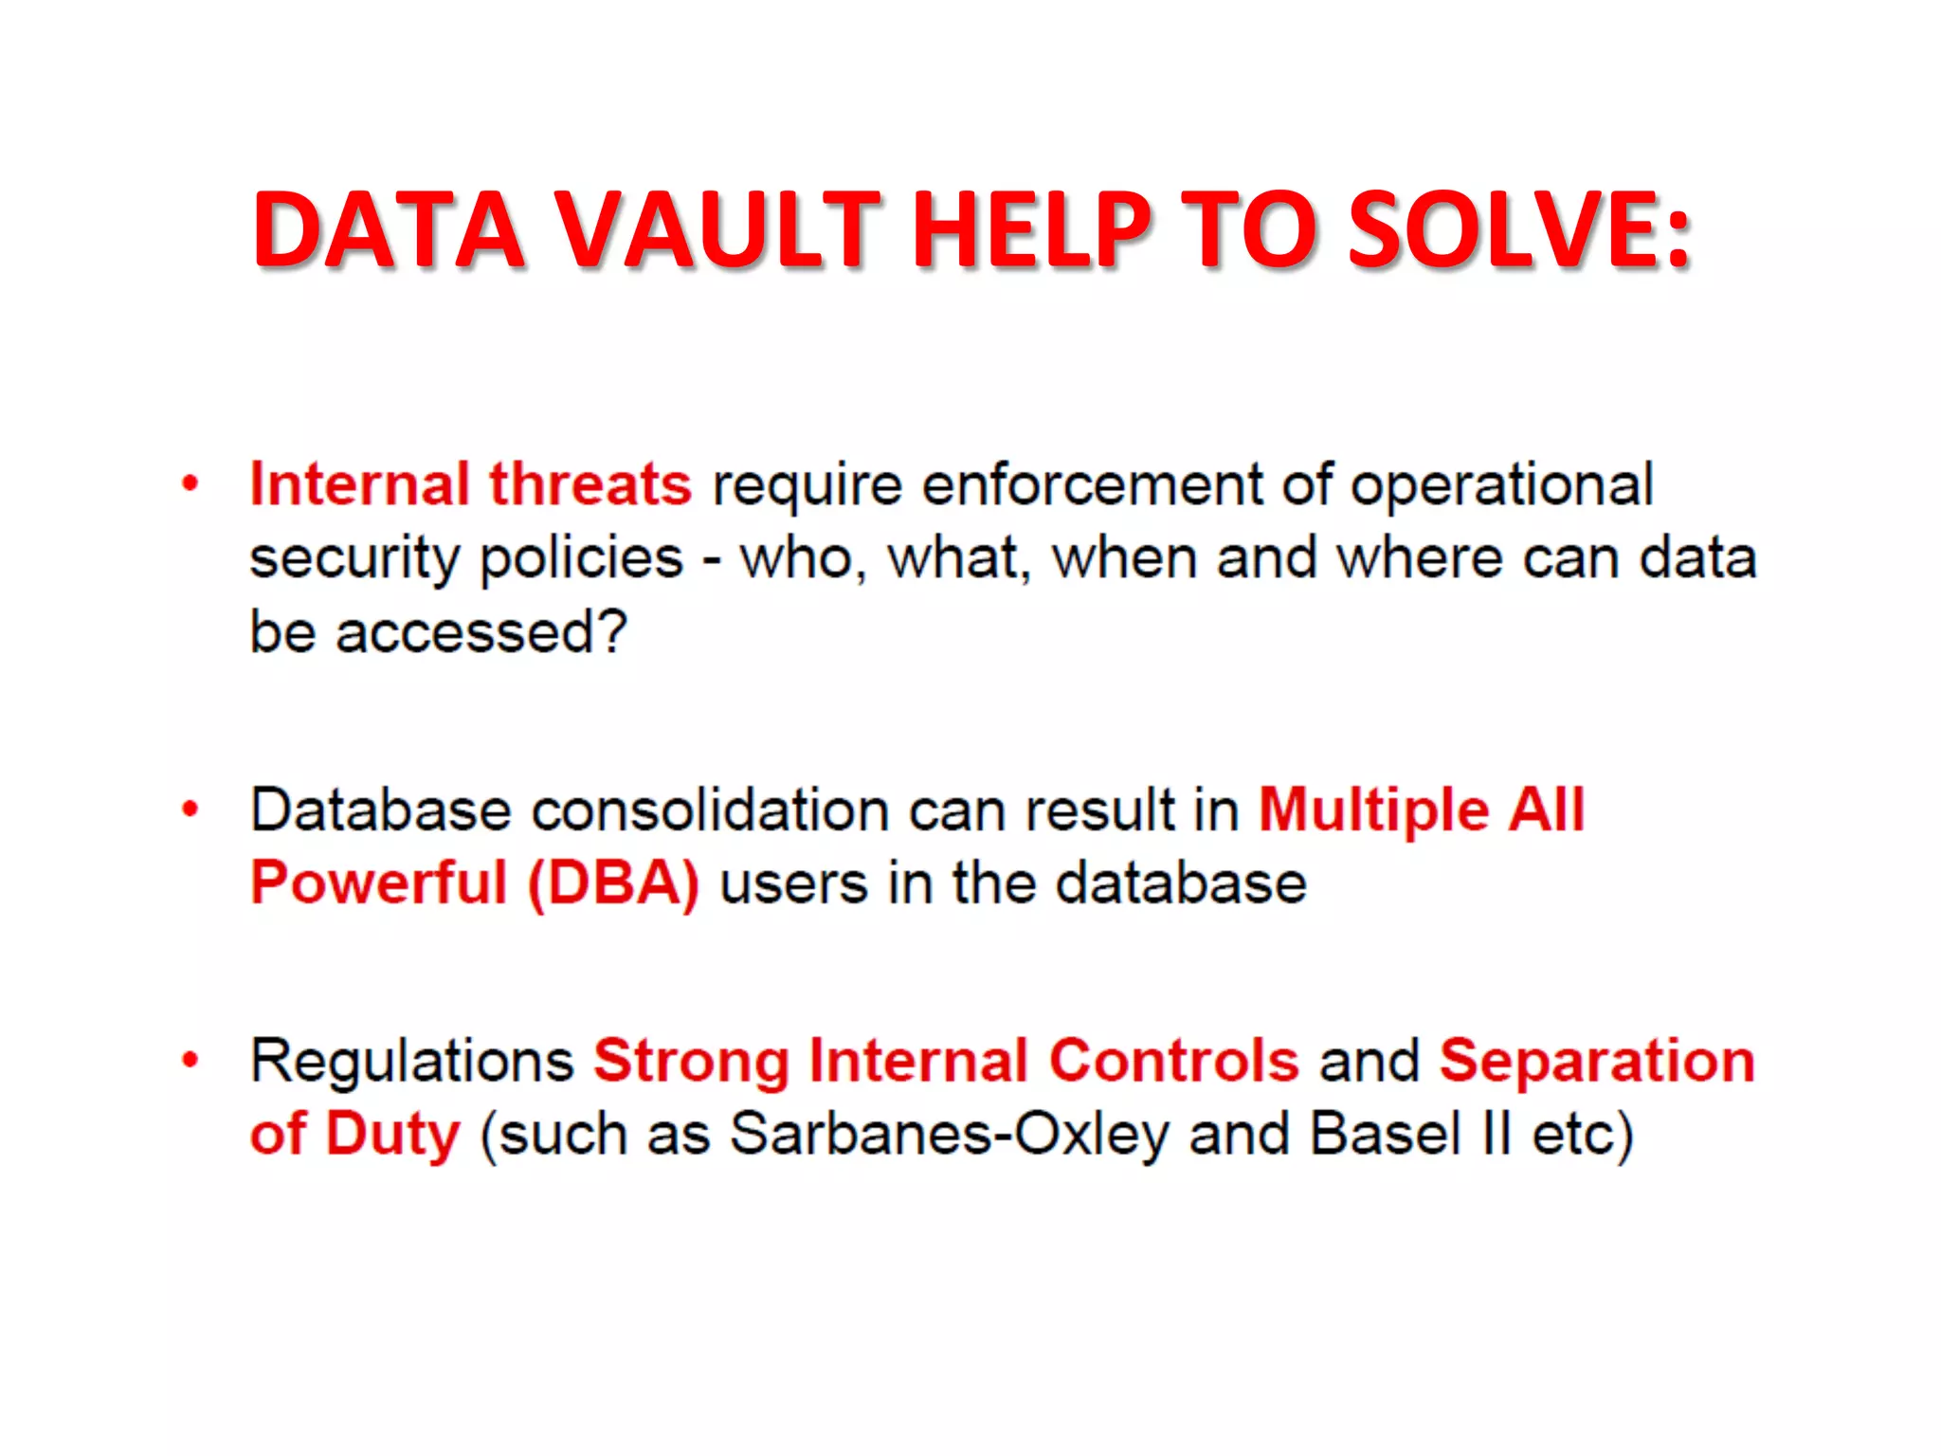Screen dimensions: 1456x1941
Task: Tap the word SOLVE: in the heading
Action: [x=1519, y=230]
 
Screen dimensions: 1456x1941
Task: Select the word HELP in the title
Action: [x=1031, y=230]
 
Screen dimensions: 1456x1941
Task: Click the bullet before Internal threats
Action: [x=190, y=483]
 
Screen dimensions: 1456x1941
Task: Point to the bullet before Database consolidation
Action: [x=190, y=810]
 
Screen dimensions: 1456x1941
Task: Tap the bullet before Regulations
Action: [x=190, y=1060]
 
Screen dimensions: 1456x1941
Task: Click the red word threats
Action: [x=590, y=484]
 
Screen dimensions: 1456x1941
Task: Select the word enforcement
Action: [x=1093, y=484]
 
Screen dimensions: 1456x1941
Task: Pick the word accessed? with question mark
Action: [x=481, y=632]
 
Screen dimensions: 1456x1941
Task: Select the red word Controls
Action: [x=1173, y=1060]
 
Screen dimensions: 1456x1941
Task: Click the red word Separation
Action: [x=1597, y=1060]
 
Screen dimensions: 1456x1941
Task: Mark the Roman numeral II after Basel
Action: [x=1497, y=1134]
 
